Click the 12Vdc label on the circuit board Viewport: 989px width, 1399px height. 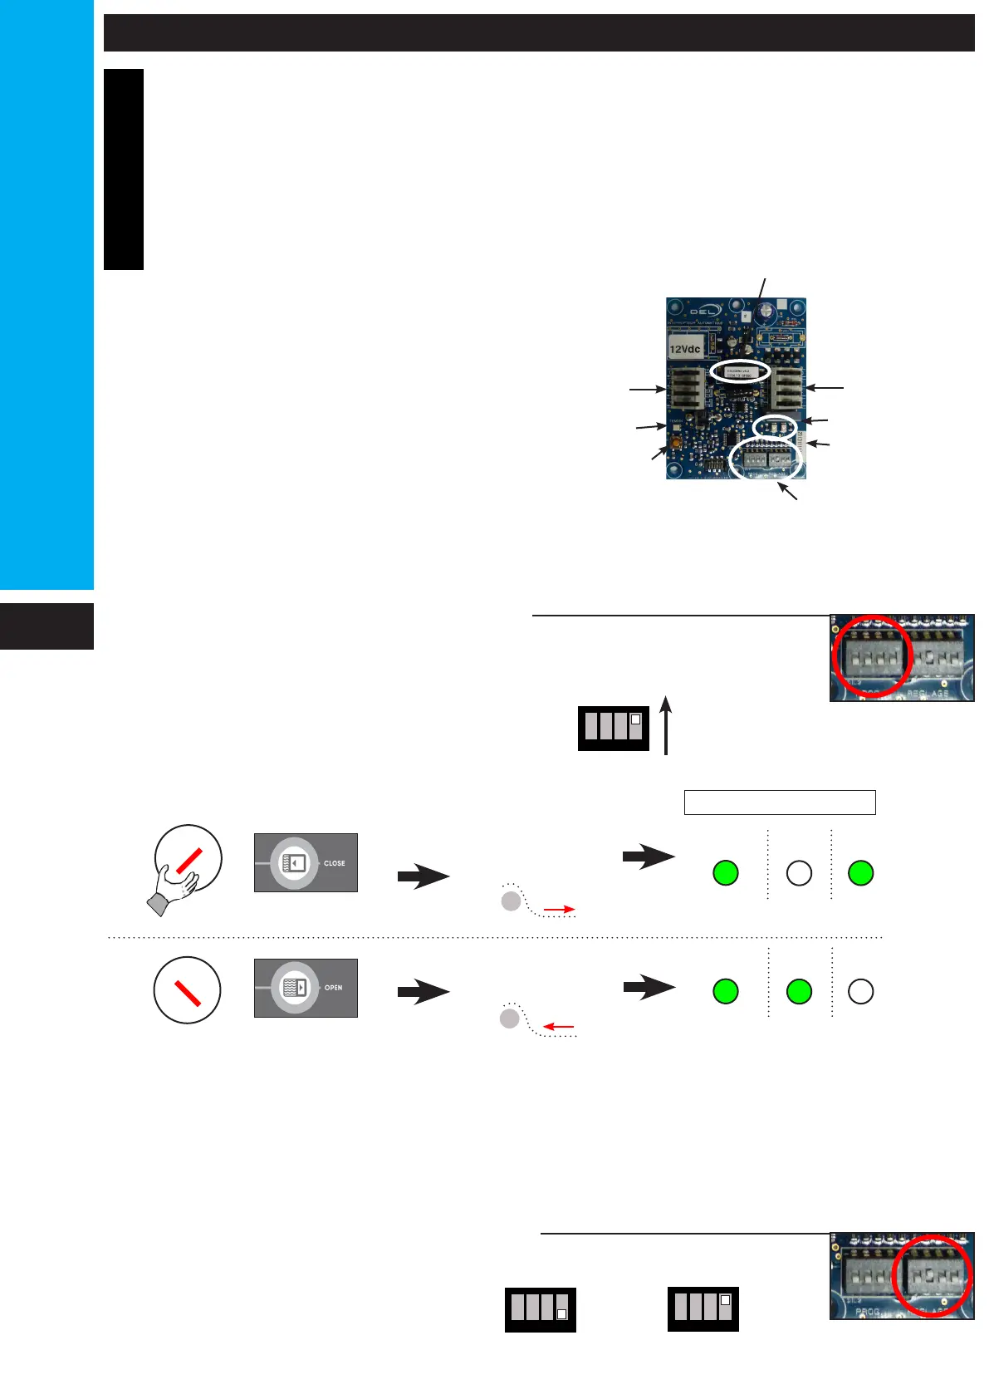(685, 349)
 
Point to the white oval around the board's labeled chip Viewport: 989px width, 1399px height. (740, 371)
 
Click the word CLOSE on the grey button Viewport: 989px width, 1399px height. (335, 863)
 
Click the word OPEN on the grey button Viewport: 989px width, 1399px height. (334, 988)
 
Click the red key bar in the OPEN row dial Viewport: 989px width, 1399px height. (188, 989)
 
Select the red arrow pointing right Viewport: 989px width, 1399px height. (560, 910)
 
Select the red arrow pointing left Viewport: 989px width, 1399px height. (559, 1027)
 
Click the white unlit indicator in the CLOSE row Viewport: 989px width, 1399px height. (799, 873)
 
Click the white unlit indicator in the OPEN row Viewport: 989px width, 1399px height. (861, 991)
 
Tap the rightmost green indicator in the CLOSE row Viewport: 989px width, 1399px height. (861, 873)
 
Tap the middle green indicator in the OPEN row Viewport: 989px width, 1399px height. (799, 991)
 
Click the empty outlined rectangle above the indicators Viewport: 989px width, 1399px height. (780, 803)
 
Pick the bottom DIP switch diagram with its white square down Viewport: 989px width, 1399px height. (541, 1309)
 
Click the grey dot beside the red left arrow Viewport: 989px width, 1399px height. (510, 1019)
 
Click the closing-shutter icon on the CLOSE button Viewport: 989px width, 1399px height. (295, 862)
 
